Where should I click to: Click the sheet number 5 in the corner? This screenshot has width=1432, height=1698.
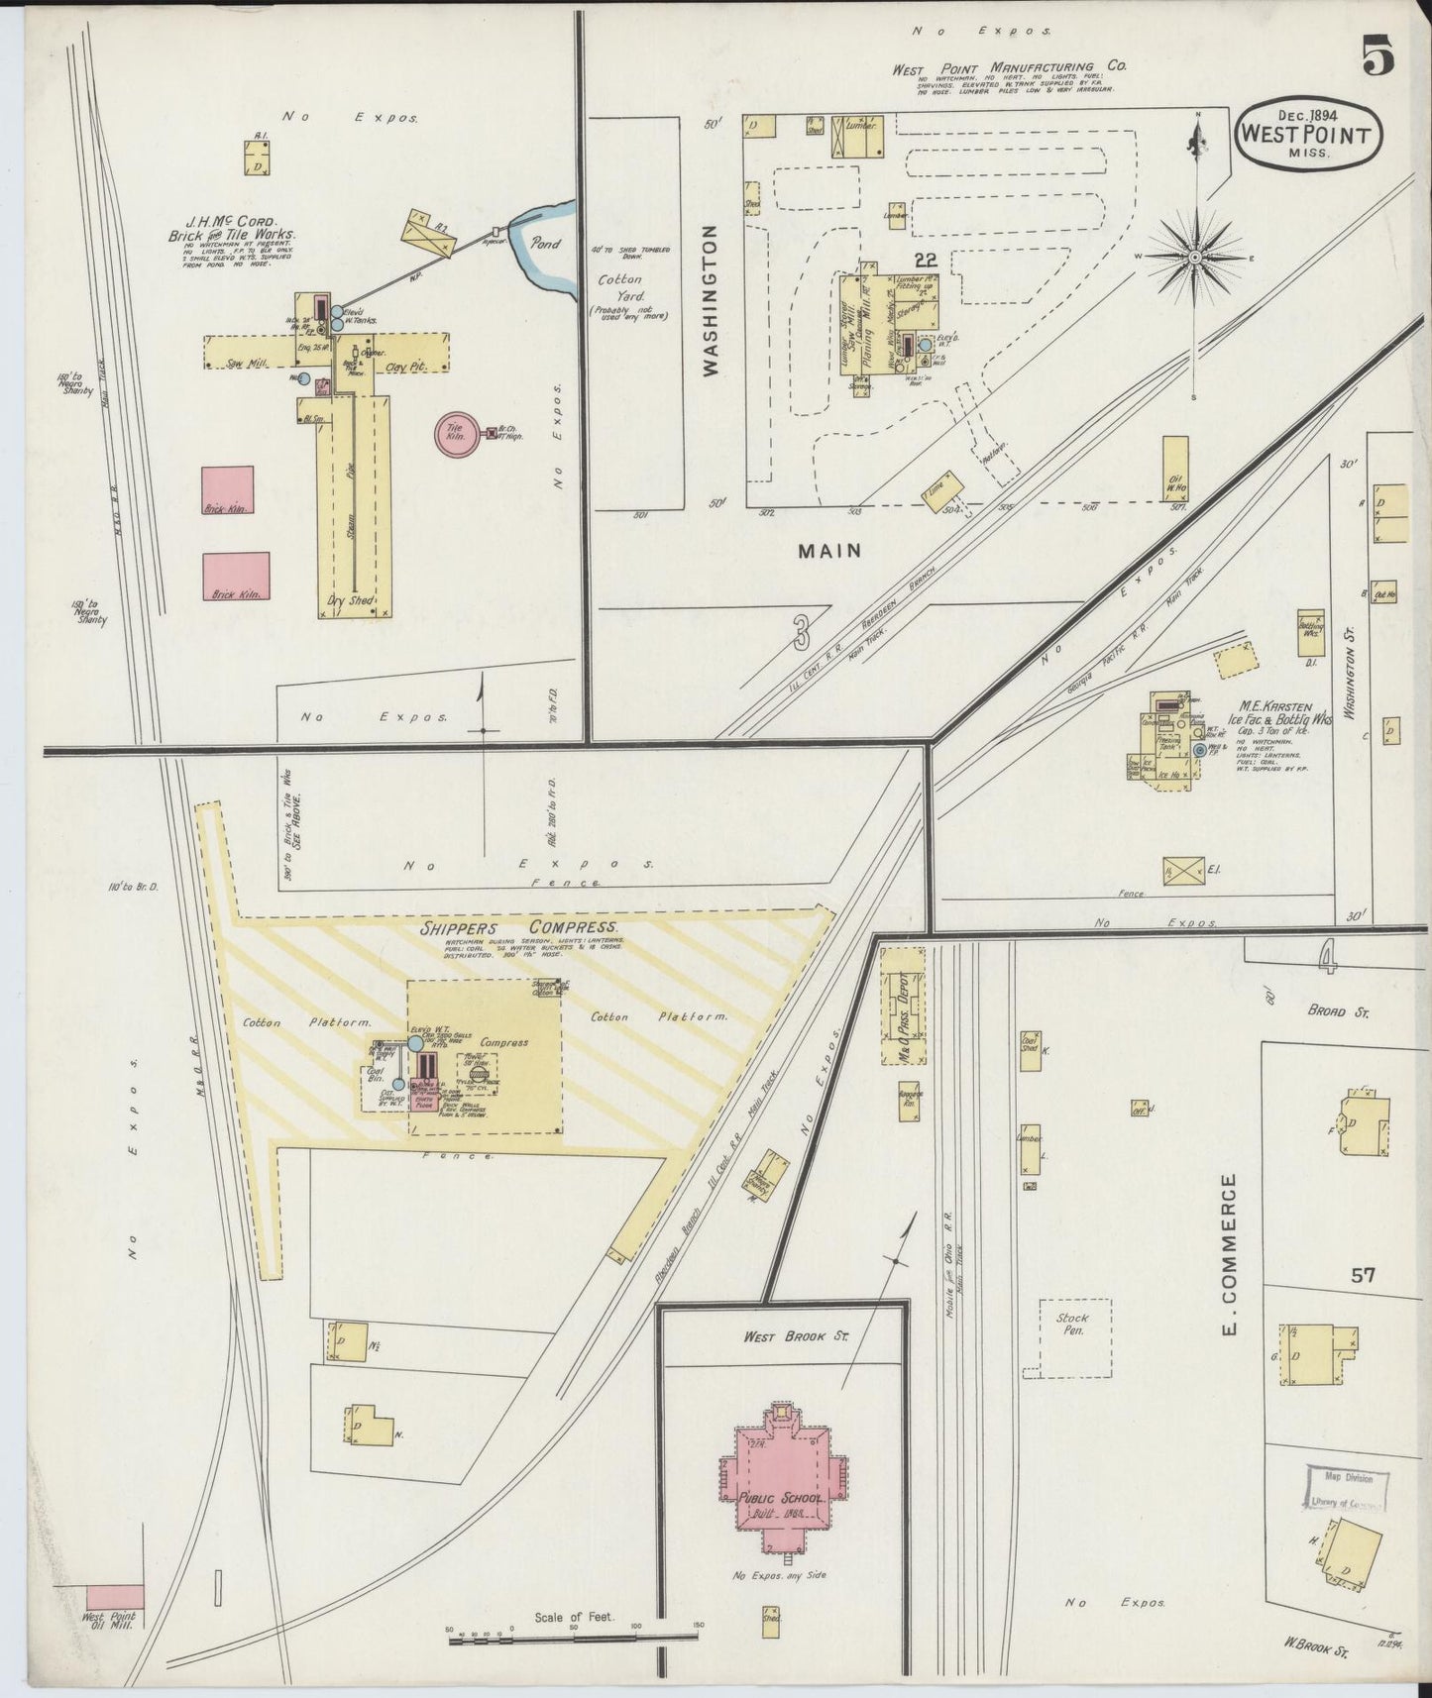click(x=1377, y=54)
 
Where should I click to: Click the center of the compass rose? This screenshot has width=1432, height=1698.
click(x=1196, y=258)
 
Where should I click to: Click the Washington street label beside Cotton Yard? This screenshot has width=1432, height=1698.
click(x=711, y=300)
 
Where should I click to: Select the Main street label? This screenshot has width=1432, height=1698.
click(x=830, y=551)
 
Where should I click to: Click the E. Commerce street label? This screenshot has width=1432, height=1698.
click(x=1231, y=1253)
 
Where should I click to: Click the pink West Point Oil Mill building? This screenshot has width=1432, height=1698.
click(x=115, y=1597)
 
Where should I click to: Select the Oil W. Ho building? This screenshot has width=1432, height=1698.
click(x=1176, y=473)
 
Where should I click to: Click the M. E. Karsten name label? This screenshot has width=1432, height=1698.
click(x=1276, y=707)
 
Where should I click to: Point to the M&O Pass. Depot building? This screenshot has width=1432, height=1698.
click(x=902, y=1006)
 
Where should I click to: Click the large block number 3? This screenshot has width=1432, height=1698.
click(x=801, y=632)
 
